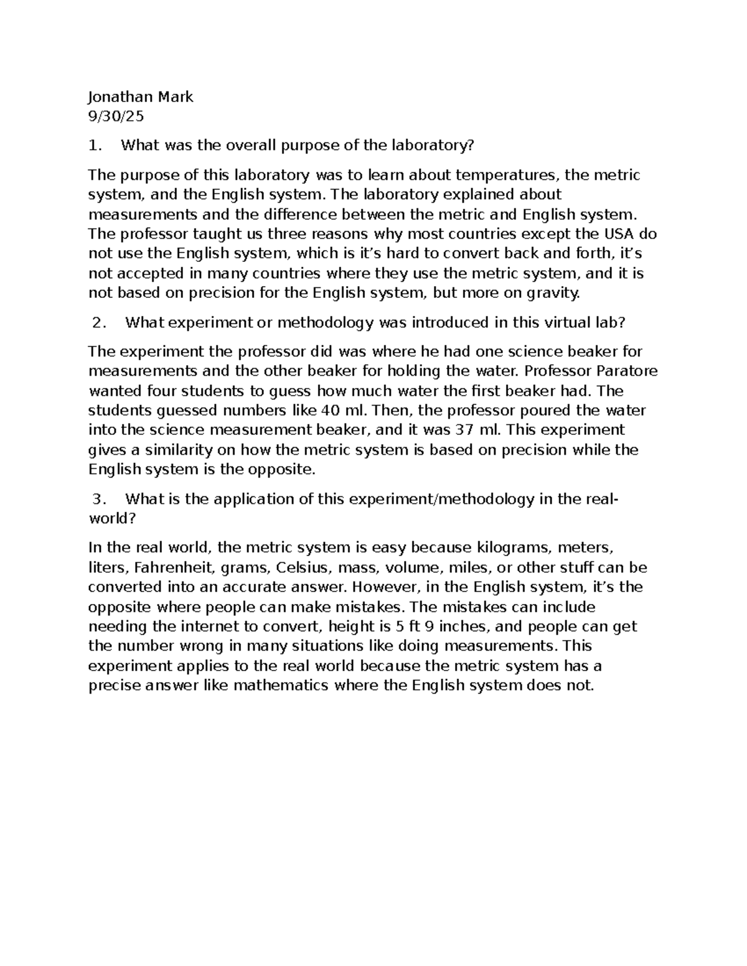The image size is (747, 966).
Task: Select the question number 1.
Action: [x=93, y=146]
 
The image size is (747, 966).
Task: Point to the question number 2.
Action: [x=96, y=323]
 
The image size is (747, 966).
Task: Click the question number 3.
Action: [x=96, y=499]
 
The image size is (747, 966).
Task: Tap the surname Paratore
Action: [x=627, y=371]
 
